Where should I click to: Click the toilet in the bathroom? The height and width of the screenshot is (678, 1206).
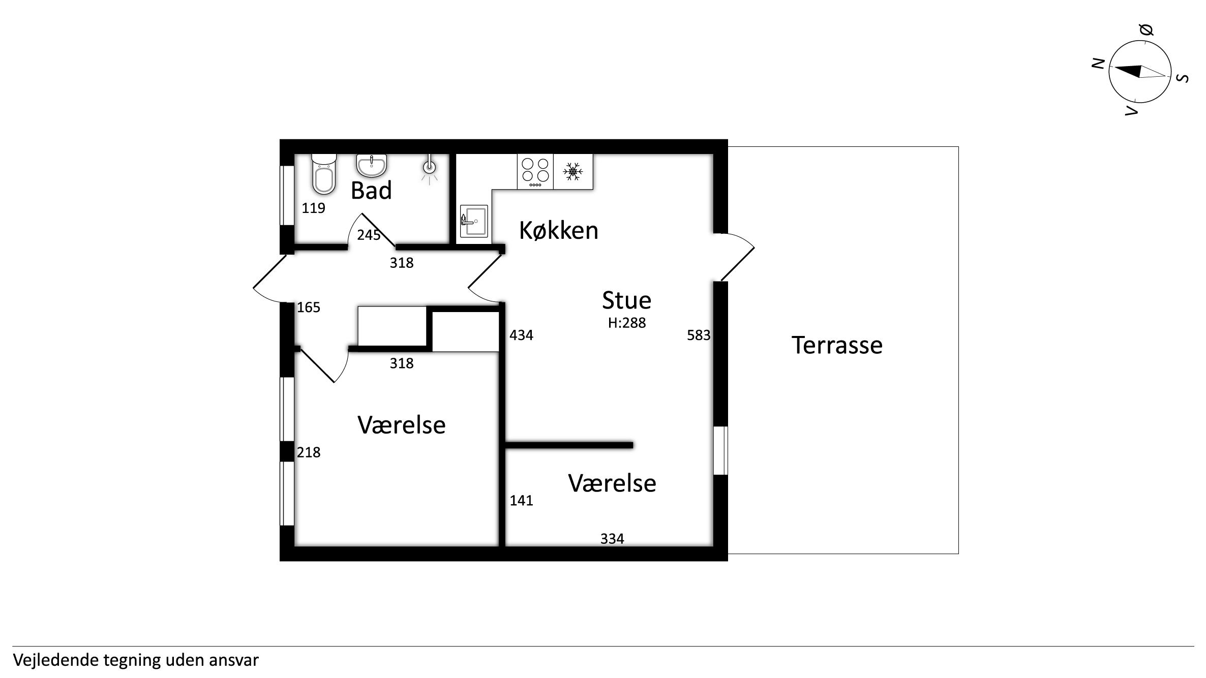pyautogui.click(x=324, y=174)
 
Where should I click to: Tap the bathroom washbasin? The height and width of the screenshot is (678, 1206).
pyautogui.click(x=372, y=165)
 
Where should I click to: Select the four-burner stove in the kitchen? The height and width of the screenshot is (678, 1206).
pyautogui.click(x=535, y=172)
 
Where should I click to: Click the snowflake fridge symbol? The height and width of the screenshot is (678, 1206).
pyautogui.click(x=573, y=172)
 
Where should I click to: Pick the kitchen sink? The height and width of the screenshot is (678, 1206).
pyautogui.click(x=474, y=221)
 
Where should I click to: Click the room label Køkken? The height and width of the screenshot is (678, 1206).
pyautogui.click(x=558, y=231)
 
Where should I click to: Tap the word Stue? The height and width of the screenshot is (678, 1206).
pyautogui.click(x=626, y=300)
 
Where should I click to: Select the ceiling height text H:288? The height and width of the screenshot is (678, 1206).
pyautogui.click(x=627, y=323)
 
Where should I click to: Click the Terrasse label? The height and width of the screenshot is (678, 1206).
pyautogui.click(x=837, y=345)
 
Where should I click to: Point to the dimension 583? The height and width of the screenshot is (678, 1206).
pyautogui.click(x=699, y=335)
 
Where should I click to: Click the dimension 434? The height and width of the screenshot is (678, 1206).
pyautogui.click(x=521, y=335)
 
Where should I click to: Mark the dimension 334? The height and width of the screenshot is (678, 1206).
pyautogui.click(x=612, y=538)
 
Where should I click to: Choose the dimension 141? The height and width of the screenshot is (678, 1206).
pyautogui.click(x=521, y=500)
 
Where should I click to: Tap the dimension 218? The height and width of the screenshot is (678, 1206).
pyautogui.click(x=309, y=452)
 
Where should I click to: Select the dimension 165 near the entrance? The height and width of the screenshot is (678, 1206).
pyautogui.click(x=309, y=307)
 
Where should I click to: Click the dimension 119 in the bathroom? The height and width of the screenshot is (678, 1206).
pyautogui.click(x=313, y=208)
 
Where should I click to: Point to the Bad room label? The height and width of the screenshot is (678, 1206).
pyautogui.click(x=371, y=191)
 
